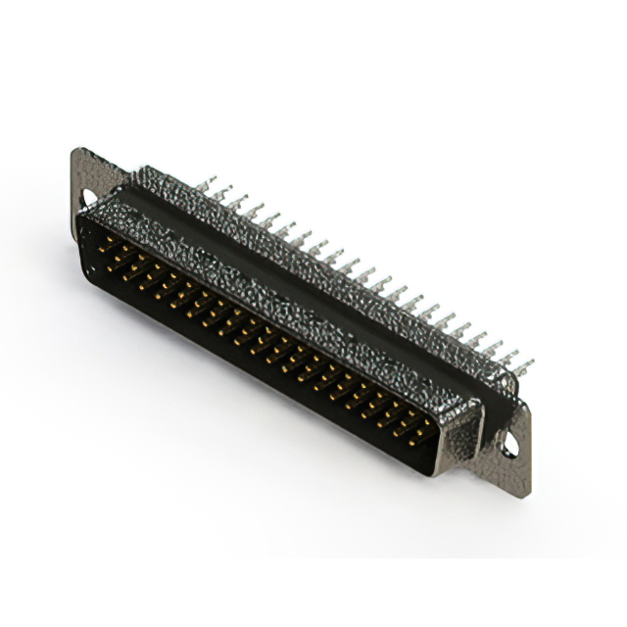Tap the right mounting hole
point(510,446)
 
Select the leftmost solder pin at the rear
point(207,183)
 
